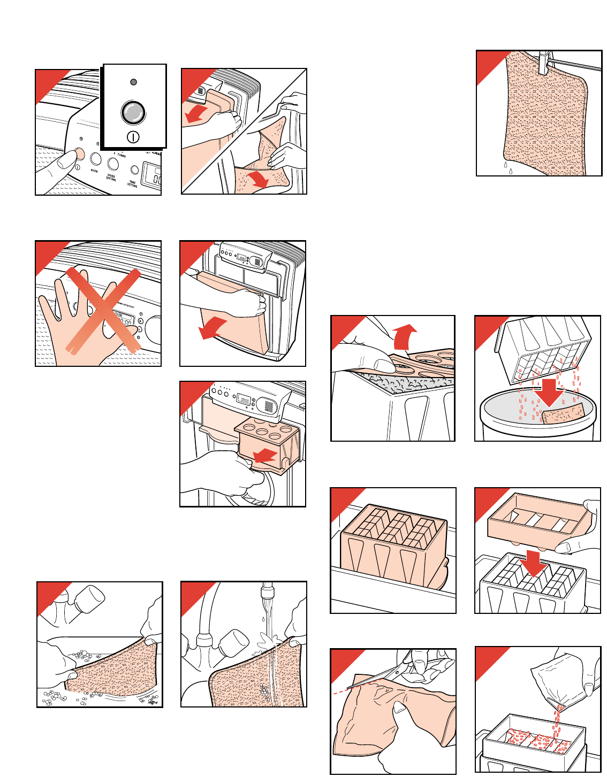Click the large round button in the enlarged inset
coord(133,113)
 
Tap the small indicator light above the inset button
coord(133,82)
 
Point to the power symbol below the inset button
coord(133,137)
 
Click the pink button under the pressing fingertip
coord(79,154)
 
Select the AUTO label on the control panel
coord(94,171)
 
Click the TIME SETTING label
coord(132,184)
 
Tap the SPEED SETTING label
coord(111,177)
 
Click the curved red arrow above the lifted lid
coord(404,337)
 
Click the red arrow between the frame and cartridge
coord(535,563)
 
